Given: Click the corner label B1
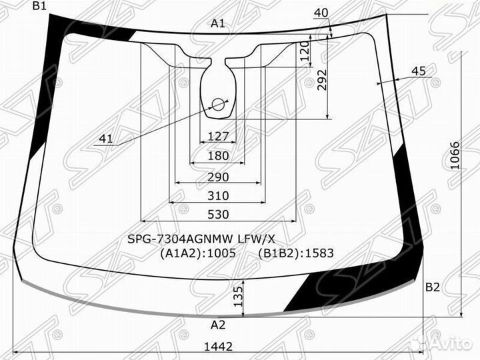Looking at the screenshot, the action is pos(39,6).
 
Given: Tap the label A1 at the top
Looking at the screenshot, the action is pos(217,23).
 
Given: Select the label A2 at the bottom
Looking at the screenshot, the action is pos(218,325).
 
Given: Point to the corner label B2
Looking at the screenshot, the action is pos(433,287).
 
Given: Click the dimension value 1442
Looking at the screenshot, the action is pos(218,347).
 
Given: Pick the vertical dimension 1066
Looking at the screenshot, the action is pos(455,155).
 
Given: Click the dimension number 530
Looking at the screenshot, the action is pos(218,214).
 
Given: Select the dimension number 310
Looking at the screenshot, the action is pos(218,195).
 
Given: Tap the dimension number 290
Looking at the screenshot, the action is pos(218,177).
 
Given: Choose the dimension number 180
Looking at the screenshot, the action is pos(218,156).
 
